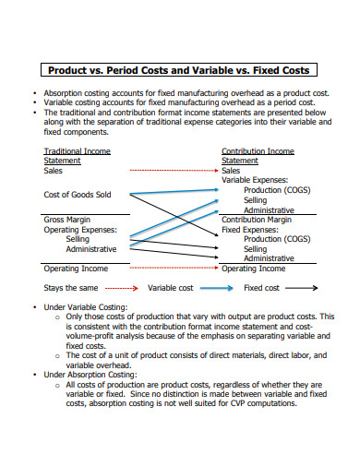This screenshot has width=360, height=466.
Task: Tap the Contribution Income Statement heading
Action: [258, 155]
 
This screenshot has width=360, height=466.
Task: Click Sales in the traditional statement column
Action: [54, 171]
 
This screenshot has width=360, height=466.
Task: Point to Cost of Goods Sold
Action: [78, 195]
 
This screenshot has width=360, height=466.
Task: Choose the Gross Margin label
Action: [66, 220]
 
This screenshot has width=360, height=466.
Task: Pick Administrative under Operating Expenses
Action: [91, 249]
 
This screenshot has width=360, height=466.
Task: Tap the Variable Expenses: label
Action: [255, 180]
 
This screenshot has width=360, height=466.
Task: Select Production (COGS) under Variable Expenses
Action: [277, 190]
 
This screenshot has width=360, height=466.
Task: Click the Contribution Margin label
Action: [258, 220]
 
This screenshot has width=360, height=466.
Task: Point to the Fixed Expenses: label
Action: [250, 229]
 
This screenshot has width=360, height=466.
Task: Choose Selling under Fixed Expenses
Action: [256, 249]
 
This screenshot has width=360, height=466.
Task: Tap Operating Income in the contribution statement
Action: [254, 269]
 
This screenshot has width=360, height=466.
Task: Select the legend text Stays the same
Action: [69, 288]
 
